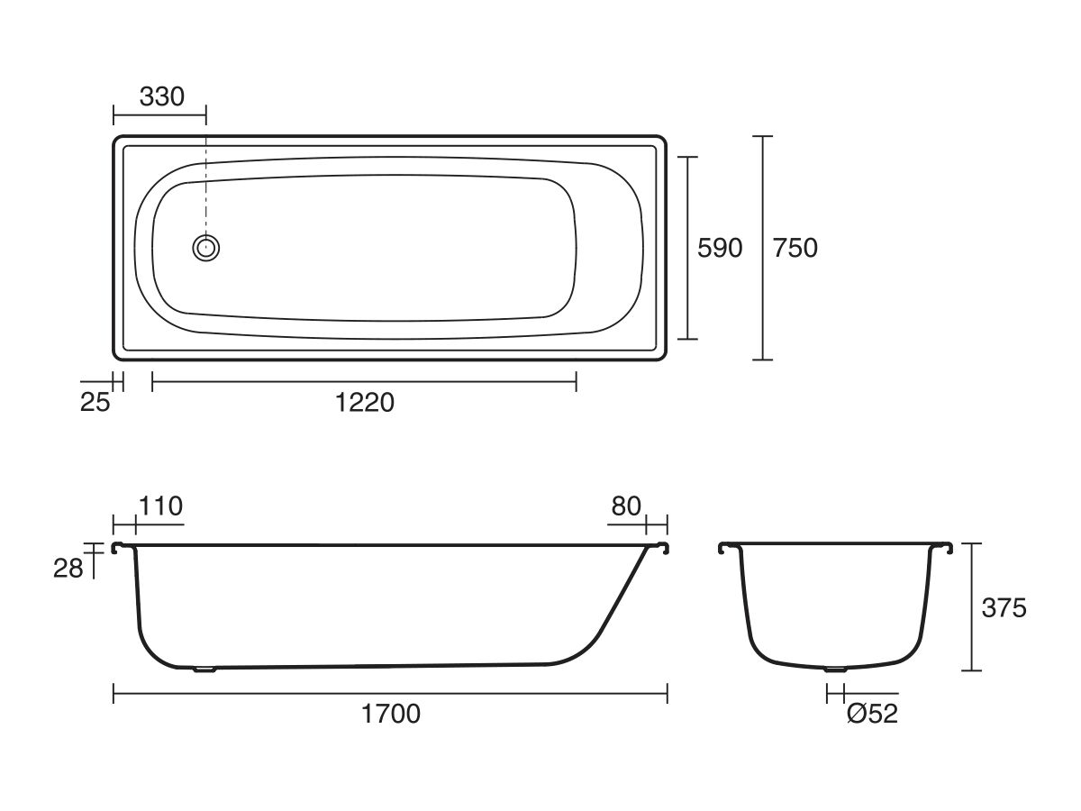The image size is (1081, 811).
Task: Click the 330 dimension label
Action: point(162,96)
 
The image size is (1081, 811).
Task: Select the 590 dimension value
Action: point(720,248)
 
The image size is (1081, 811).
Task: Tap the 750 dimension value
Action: point(795,248)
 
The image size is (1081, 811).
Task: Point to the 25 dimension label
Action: point(95,402)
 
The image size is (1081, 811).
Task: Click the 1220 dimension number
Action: point(365,402)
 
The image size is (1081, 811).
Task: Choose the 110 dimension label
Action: point(161,506)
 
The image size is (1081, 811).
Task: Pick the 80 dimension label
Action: point(626,506)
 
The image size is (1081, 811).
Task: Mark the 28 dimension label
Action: point(68,568)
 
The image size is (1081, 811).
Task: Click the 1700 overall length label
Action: point(391,714)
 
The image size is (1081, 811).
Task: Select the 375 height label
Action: point(1004,608)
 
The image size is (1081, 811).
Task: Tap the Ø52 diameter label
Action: point(872,714)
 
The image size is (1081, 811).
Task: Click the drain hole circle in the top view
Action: point(206,247)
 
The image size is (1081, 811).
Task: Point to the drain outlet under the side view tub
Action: point(206,670)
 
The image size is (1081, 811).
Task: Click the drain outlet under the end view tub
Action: point(835,670)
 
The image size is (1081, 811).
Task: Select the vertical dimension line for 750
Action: point(763,248)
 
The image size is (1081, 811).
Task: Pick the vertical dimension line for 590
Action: point(687,248)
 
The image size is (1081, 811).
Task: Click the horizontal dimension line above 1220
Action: point(365,382)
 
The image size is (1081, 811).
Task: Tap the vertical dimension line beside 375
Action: point(970,608)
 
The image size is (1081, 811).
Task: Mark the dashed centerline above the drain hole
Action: point(206,180)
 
